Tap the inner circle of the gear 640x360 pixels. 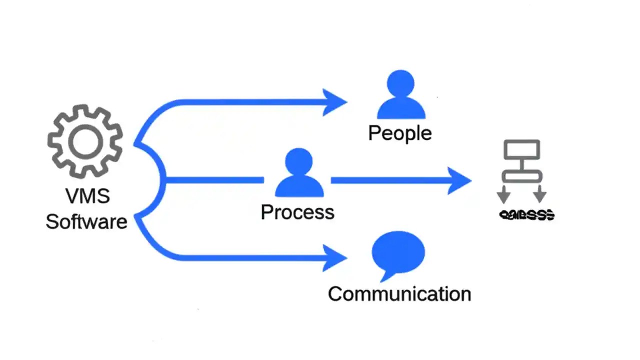coord(85,141)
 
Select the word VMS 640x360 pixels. coord(87,195)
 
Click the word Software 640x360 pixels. coord(86,221)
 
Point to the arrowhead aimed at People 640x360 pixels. coord(334,102)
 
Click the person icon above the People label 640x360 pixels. coord(400,94)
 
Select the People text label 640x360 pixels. coord(399,133)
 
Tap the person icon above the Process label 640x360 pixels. coord(298,172)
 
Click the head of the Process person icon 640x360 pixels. coord(298,161)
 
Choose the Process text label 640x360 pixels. coord(297,212)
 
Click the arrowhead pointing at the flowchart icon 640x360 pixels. coord(458,180)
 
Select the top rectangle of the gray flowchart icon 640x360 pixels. coord(521,149)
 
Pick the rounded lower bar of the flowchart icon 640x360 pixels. coord(521,176)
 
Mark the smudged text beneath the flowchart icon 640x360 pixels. coord(527,215)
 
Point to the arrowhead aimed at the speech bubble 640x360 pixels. coord(334,258)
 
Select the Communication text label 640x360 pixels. coord(399,293)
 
